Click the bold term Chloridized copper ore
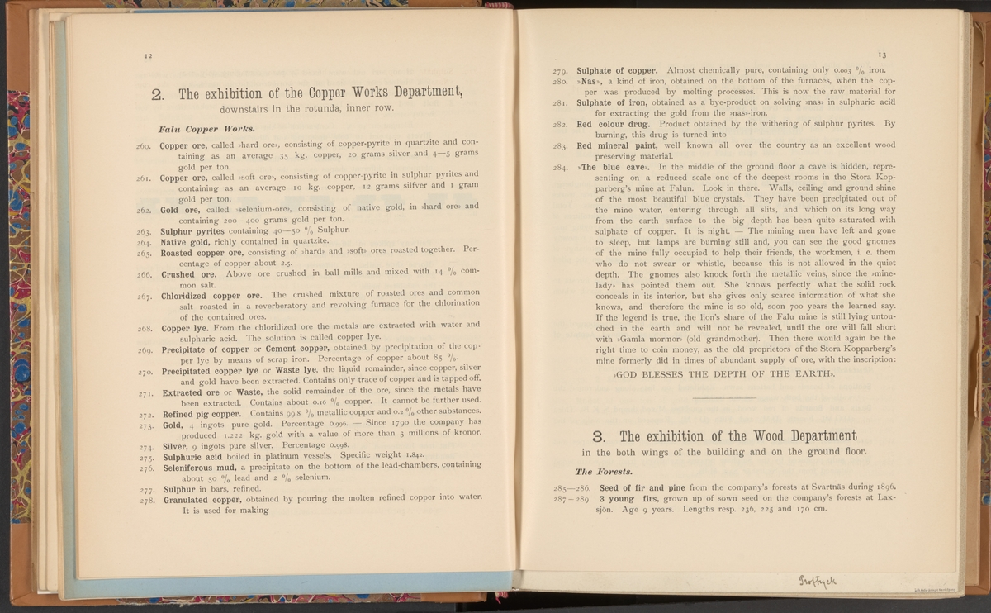click(211, 295)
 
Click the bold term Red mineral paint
click(620, 145)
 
